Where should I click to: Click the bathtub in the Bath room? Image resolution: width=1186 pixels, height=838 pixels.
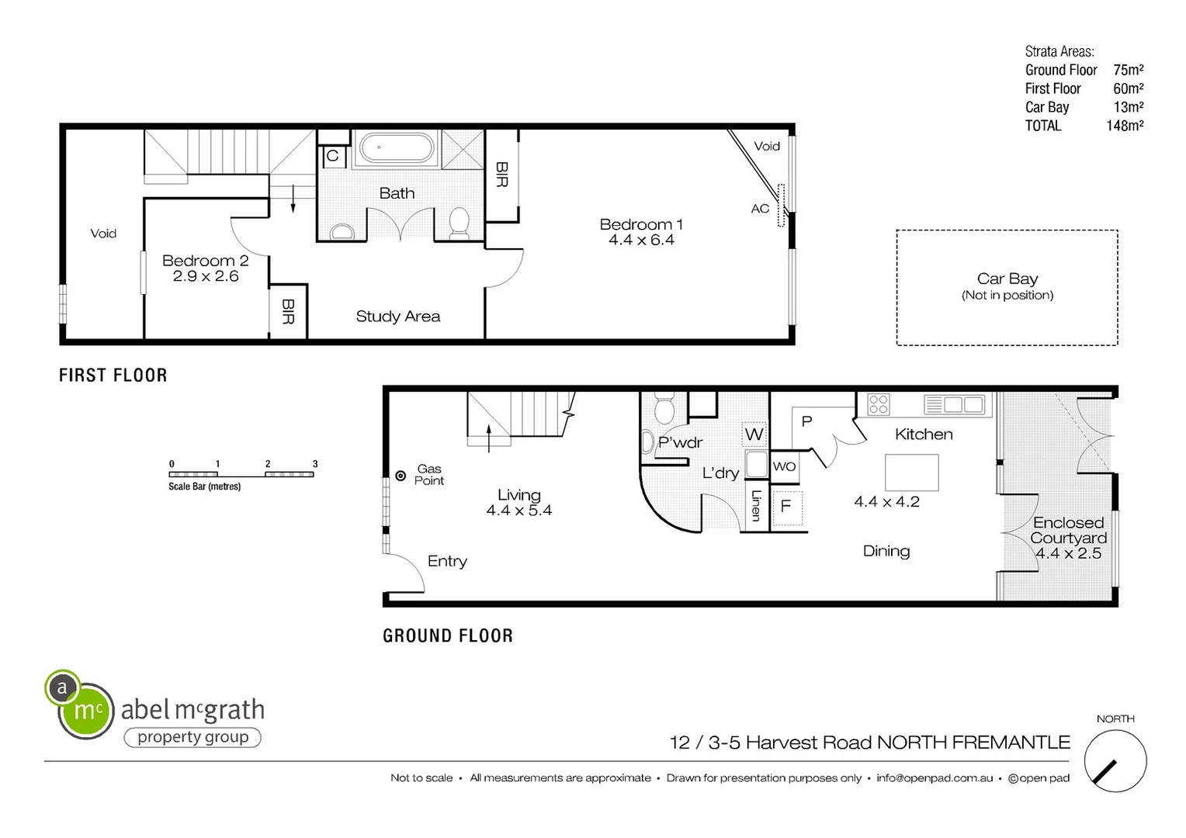tap(396, 148)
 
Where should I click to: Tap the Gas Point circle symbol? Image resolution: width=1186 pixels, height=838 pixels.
tap(401, 476)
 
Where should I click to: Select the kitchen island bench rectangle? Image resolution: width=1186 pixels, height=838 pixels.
tap(911, 472)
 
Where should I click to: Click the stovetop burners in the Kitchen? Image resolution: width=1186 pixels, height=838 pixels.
tap(879, 404)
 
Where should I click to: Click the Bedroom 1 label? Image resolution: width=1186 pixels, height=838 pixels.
tap(641, 224)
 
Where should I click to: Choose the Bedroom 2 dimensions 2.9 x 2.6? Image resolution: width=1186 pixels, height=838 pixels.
tap(206, 276)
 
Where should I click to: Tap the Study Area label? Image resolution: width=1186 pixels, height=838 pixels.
tap(397, 317)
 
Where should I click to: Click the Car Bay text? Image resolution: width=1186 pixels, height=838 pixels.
tap(1007, 279)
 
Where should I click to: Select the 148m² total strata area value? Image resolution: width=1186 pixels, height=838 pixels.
tap(1125, 126)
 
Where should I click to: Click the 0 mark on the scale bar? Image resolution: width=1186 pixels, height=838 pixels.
tap(172, 464)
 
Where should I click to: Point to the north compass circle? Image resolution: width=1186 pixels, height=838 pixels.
tap(1115, 761)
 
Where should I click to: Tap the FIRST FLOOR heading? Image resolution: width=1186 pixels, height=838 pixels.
tap(113, 376)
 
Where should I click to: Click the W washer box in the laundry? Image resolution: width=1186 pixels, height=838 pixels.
tap(754, 435)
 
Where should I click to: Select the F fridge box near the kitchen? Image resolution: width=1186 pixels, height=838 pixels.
tap(786, 507)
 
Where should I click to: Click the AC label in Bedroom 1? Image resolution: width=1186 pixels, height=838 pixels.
tap(760, 209)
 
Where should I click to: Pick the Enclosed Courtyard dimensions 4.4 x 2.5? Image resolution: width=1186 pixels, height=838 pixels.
tap(1068, 553)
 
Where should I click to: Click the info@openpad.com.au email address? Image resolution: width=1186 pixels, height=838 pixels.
tap(935, 778)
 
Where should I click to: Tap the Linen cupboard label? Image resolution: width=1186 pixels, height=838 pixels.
tap(756, 505)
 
